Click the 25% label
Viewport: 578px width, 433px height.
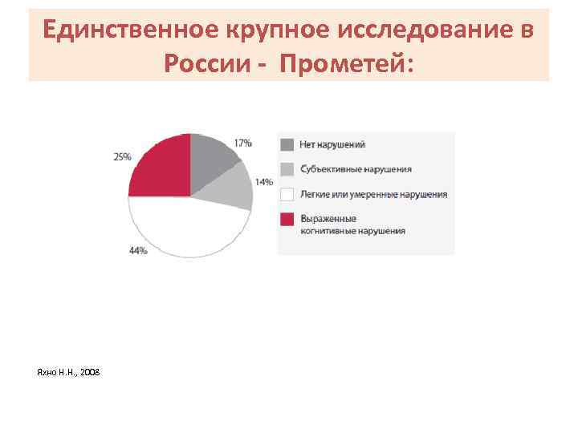point(122,157)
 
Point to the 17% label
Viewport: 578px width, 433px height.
point(242,143)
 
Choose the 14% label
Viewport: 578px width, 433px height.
point(263,182)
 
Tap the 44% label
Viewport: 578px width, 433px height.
point(137,251)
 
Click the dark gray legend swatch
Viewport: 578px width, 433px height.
point(287,144)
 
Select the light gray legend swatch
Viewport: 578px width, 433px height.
point(287,169)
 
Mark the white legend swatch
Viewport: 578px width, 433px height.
point(287,194)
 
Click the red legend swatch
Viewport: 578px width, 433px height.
point(287,218)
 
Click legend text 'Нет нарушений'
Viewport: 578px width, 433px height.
point(332,145)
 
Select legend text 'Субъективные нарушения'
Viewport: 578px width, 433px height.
point(356,169)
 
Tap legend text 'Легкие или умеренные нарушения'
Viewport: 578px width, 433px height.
point(373,194)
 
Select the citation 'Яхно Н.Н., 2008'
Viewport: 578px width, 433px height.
point(69,373)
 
